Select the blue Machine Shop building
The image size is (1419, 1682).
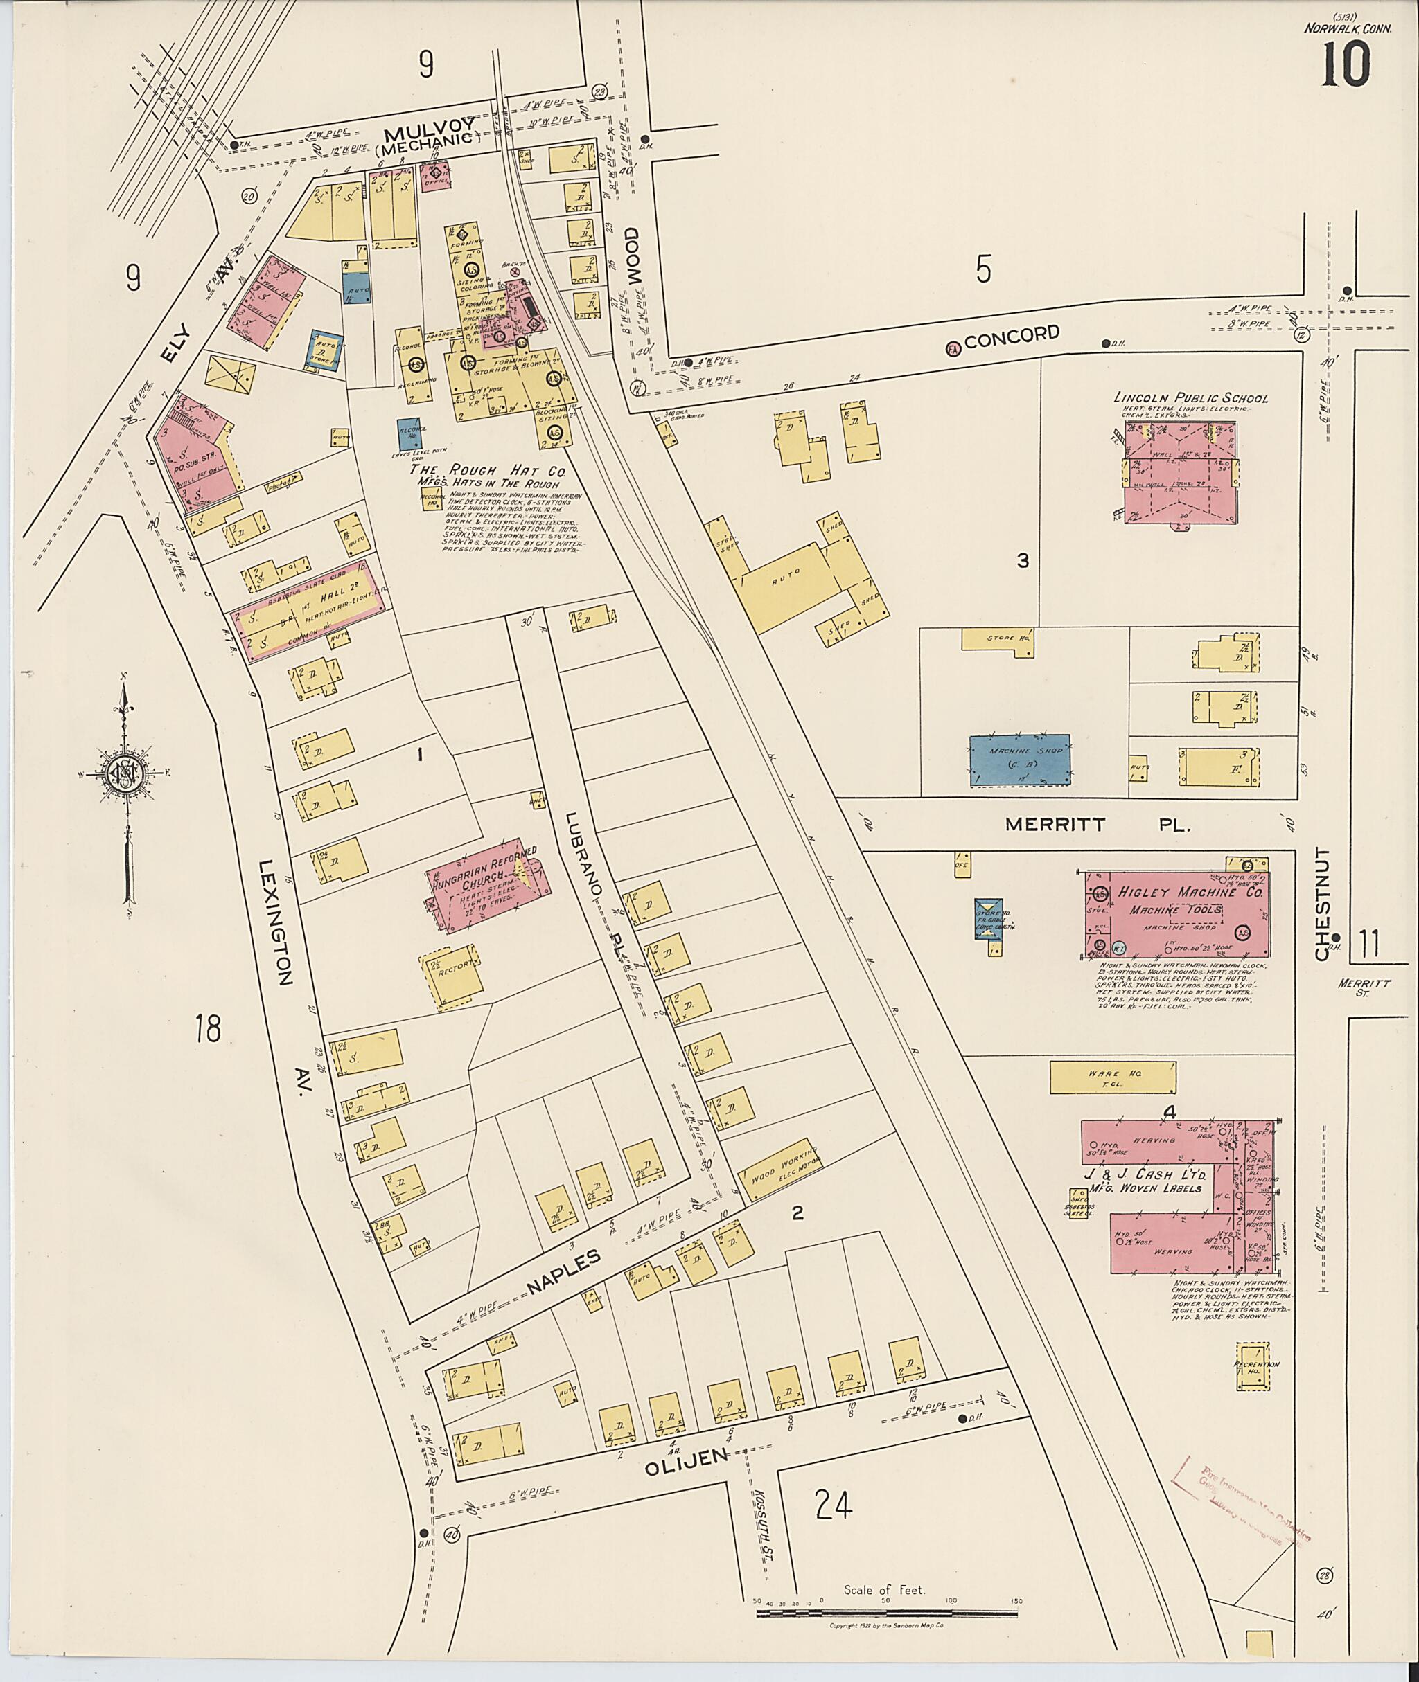click(x=1019, y=759)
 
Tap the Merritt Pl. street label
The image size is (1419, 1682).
click(x=1098, y=824)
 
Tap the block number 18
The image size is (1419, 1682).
click(x=208, y=1028)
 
